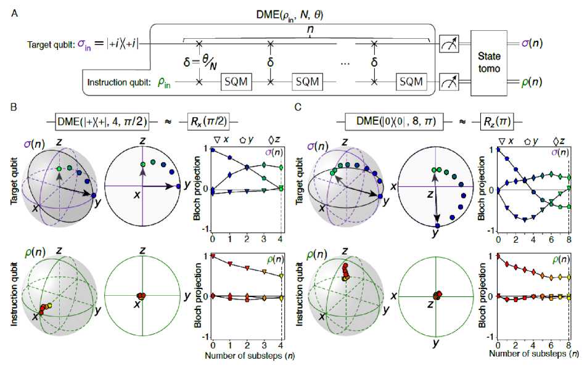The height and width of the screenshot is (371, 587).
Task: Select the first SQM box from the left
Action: coord(237,81)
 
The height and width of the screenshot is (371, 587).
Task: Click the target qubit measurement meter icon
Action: coord(448,44)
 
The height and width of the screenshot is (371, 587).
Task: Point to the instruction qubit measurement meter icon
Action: coord(448,81)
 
